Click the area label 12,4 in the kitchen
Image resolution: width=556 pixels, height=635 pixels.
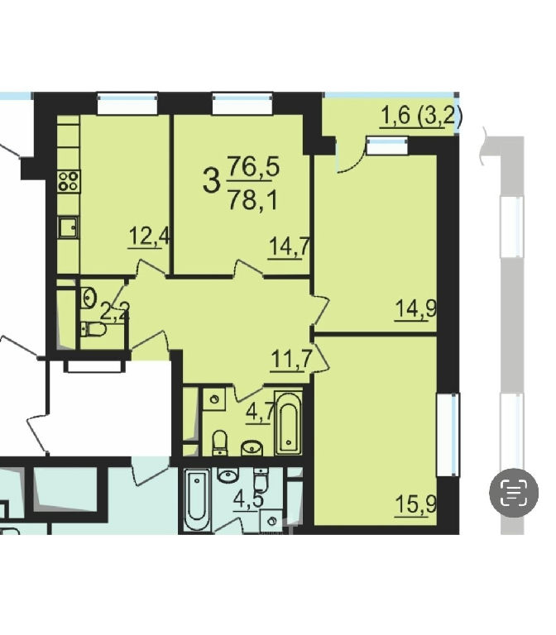click(x=149, y=236)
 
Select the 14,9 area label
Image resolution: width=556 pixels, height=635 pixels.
click(x=416, y=309)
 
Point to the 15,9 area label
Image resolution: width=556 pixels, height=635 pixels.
click(x=416, y=504)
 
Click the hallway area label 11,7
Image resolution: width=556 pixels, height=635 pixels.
click(x=291, y=359)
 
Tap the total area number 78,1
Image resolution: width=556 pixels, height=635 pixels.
click(x=253, y=200)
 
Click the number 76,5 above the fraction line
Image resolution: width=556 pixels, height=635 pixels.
click(x=253, y=166)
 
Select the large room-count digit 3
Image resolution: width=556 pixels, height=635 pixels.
click(x=211, y=181)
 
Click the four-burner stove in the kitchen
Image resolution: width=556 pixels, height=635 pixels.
click(x=69, y=181)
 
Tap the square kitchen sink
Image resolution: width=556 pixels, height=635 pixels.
click(x=69, y=227)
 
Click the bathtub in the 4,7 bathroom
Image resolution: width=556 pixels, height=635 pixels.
click(x=288, y=423)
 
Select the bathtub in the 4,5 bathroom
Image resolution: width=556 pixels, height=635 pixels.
click(x=197, y=499)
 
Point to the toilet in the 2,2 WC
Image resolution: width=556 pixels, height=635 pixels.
click(x=93, y=329)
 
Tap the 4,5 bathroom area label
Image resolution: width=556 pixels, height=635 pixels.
click(x=248, y=499)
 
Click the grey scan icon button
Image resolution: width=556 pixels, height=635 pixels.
click(x=514, y=493)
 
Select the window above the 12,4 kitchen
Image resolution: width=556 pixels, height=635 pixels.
click(x=127, y=103)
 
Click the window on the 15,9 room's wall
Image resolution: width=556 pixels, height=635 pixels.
click(x=448, y=434)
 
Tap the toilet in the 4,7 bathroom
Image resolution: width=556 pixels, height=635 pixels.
click(x=220, y=442)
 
